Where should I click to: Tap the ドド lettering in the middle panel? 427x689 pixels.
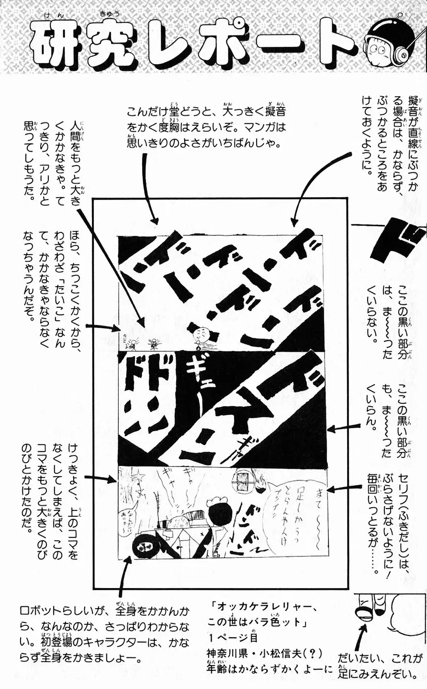(144, 378)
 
